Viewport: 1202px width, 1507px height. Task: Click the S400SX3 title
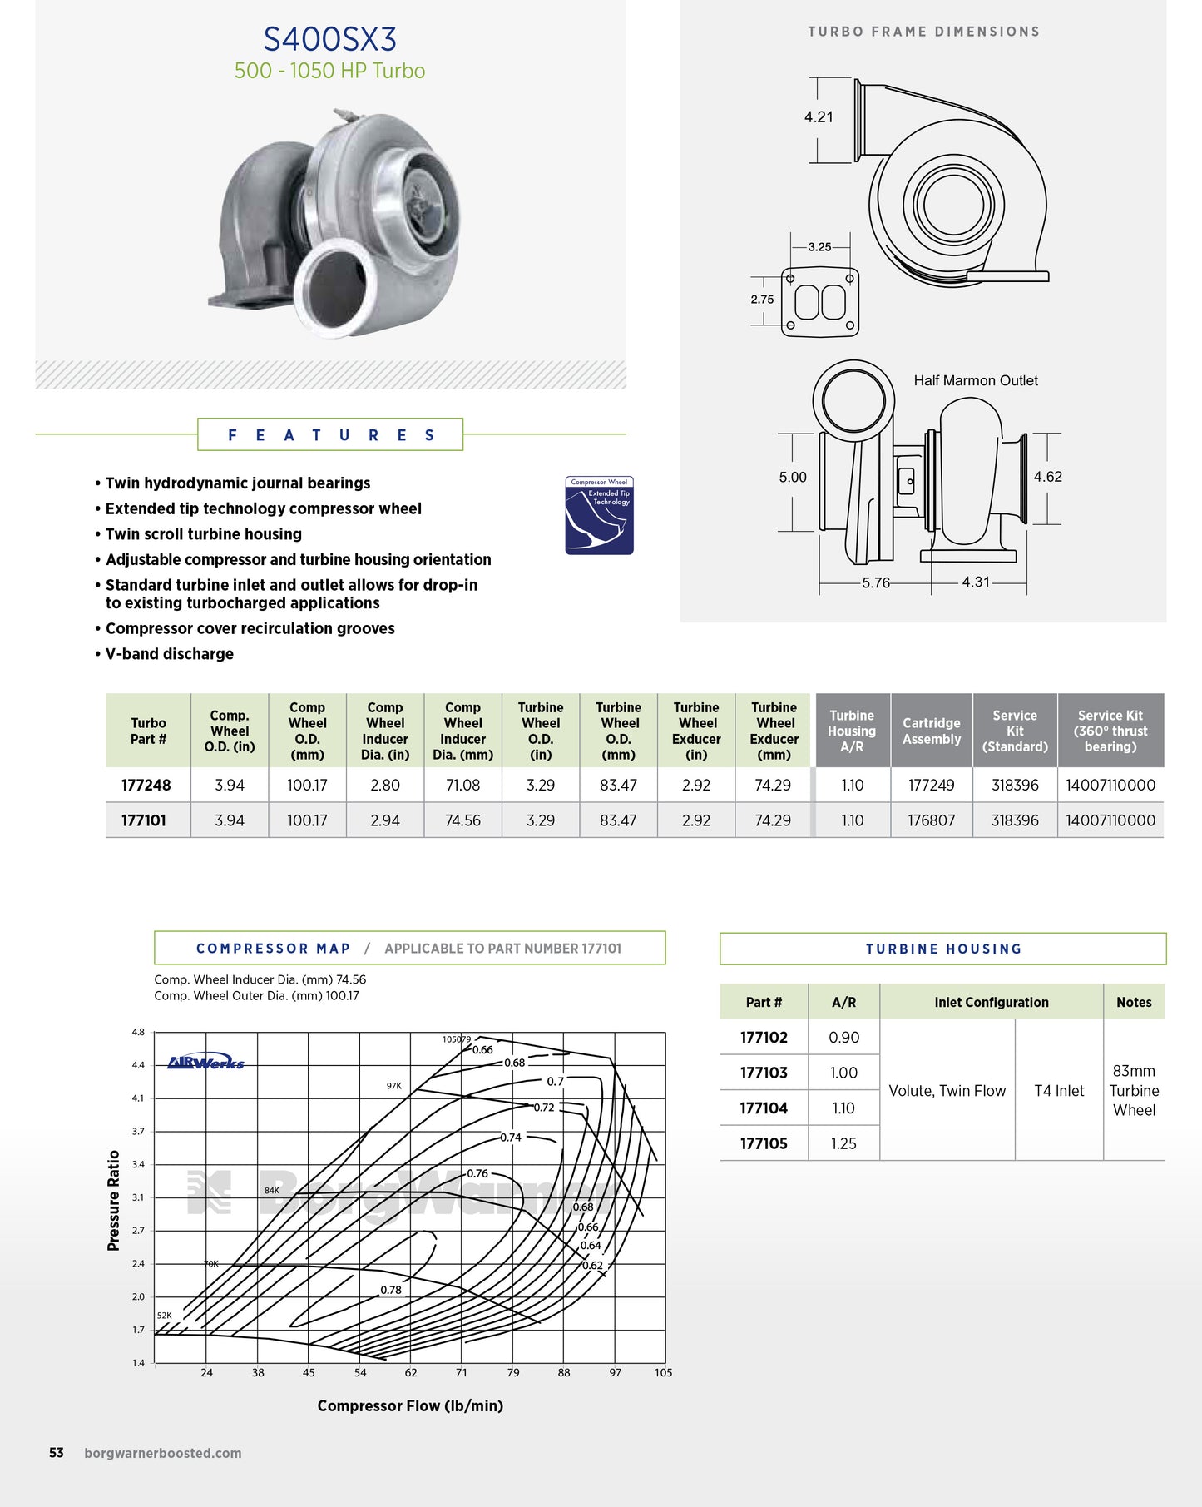coord(329,39)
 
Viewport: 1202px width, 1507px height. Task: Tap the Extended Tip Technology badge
coord(599,515)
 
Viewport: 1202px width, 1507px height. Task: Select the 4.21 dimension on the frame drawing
coord(819,117)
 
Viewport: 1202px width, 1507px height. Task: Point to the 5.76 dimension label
coord(876,582)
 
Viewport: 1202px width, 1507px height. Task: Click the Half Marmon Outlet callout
coord(976,380)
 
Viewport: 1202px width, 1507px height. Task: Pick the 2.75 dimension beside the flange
coord(762,300)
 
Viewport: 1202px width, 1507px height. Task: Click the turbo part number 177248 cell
coord(146,785)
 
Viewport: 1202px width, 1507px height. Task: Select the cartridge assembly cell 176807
coord(932,820)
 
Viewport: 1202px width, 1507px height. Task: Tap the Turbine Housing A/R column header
coord(852,731)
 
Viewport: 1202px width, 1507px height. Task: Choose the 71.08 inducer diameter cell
coord(462,785)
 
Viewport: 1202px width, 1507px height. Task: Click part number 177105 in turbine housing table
coord(764,1143)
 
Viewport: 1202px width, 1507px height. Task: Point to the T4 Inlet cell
coord(1059,1091)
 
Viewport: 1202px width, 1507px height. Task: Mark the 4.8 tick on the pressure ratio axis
coord(138,1032)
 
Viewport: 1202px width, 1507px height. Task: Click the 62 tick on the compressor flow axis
coord(411,1372)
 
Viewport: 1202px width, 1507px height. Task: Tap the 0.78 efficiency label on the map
coord(391,1290)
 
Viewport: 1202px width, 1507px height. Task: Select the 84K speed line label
coord(272,1190)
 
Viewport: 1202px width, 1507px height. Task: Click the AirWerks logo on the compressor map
coord(206,1063)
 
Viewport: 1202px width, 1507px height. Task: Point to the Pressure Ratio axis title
coord(114,1200)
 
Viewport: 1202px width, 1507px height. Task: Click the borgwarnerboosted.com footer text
coord(163,1453)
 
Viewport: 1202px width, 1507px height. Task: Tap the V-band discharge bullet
coord(170,654)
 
